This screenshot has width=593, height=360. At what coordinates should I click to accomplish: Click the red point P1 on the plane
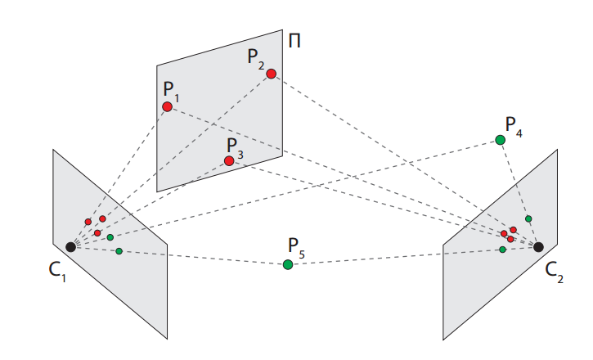click(167, 106)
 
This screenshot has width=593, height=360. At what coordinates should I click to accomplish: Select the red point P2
click(271, 74)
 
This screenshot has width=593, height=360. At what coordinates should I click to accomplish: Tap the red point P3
click(229, 161)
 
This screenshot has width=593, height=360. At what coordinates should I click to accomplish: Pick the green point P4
click(501, 140)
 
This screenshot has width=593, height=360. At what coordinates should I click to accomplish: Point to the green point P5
click(288, 264)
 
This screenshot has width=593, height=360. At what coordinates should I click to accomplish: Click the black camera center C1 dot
click(71, 246)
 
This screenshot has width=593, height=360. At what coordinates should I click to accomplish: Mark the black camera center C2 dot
click(538, 245)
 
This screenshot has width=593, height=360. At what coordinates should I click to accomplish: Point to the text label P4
click(514, 125)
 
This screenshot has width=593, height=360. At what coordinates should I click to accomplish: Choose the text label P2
click(255, 58)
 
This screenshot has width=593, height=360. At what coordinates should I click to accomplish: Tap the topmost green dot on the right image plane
click(528, 218)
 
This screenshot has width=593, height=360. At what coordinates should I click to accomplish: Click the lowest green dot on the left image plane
click(119, 250)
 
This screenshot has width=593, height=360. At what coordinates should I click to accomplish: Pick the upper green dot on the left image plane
click(110, 237)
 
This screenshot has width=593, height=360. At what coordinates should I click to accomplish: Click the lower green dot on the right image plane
click(502, 250)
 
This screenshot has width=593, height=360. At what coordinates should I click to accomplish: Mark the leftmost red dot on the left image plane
click(88, 222)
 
